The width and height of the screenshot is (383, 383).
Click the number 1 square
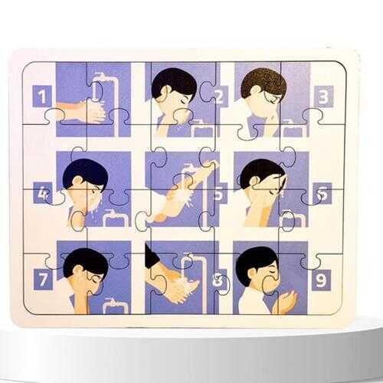(42, 96)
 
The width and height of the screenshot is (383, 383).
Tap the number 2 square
(220, 97)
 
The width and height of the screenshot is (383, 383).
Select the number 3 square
(324, 97)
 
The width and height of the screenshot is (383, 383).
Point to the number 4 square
(42, 193)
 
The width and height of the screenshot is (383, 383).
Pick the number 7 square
(43, 280)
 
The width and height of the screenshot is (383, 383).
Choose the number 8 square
(219, 280)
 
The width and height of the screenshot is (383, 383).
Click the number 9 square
(322, 280)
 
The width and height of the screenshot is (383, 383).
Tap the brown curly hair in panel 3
(264, 83)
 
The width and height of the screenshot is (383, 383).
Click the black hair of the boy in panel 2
(174, 82)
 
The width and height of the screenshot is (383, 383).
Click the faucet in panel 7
(116, 305)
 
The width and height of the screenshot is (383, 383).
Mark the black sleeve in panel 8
(152, 256)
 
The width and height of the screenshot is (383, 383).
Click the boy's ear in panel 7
(78, 270)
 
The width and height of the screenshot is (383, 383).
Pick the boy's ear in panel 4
(77, 181)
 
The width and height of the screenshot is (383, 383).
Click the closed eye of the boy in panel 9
(273, 272)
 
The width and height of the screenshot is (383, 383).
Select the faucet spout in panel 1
(100, 75)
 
